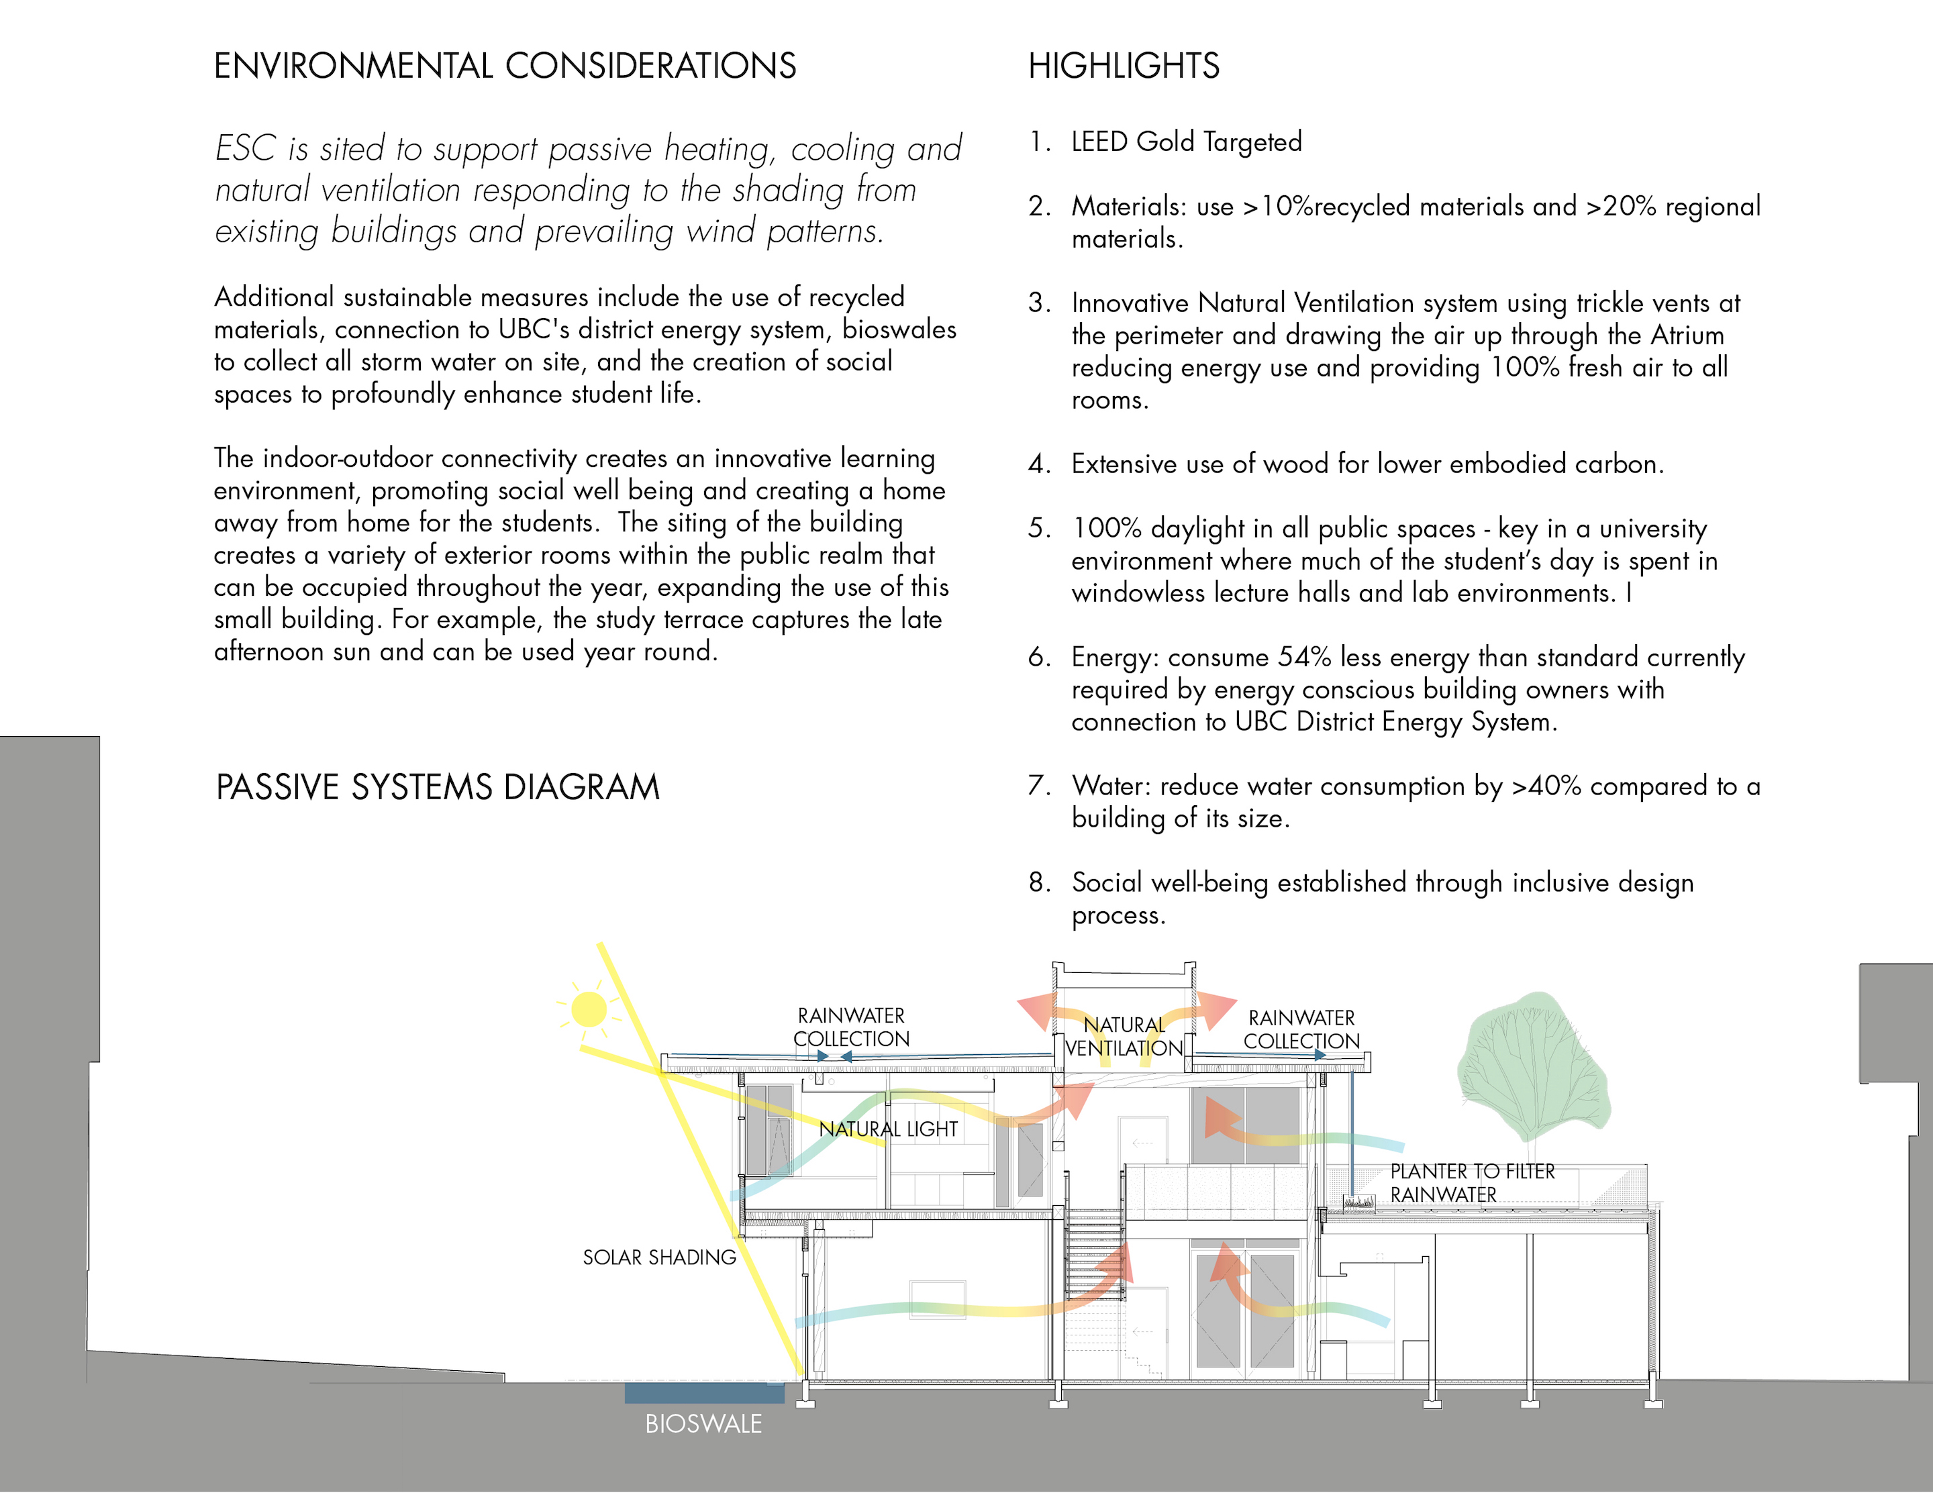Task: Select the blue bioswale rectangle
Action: (703, 1393)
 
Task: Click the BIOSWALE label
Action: (703, 1424)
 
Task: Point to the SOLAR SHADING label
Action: (658, 1257)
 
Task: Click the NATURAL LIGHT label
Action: (888, 1129)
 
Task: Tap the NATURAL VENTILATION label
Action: (1124, 1036)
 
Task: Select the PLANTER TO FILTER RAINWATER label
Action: (1472, 1183)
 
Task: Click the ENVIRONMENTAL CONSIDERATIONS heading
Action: (505, 66)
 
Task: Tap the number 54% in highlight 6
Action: (1305, 658)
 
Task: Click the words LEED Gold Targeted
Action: (1186, 142)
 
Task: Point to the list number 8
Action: (1039, 882)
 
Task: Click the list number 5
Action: (1039, 528)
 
